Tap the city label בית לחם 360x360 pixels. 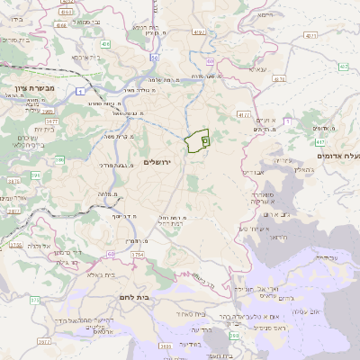click(133, 296)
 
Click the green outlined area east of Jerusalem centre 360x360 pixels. click(196, 142)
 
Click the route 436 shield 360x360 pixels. click(105, 43)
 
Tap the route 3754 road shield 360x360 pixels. click(137, 256)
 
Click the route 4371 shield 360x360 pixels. click(310, 35)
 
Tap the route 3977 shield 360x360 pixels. click(44, 343)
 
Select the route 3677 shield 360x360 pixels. click(51, 120)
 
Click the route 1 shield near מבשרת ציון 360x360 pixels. click(83, 92)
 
